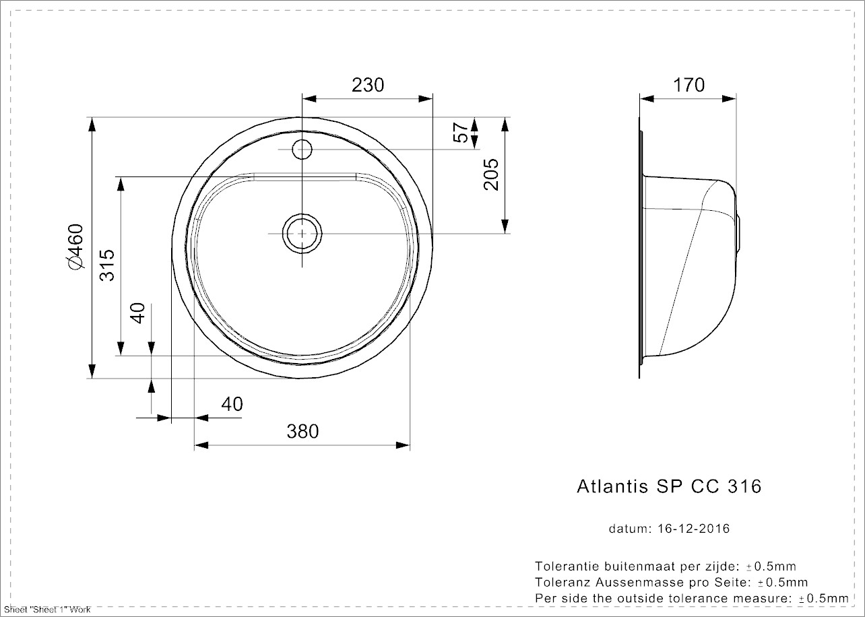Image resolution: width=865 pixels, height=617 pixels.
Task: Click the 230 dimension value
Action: tap(368, 85)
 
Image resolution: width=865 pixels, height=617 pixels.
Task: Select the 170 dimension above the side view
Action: tap(688, 85)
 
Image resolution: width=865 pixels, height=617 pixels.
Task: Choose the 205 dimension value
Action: tap(491, 174)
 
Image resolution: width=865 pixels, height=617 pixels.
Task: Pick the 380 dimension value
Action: tap(302, 431)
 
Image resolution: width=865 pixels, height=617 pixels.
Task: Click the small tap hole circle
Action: tap(302, 148)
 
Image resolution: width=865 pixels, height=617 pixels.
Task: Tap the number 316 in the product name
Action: tap(744, 486)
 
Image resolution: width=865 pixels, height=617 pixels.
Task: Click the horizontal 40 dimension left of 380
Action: tap(232, 404)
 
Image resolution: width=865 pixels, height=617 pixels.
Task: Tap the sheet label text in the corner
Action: tap(47, 610)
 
